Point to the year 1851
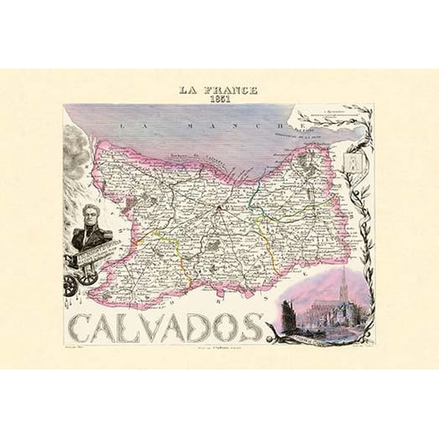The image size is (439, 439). pos(219,101)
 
